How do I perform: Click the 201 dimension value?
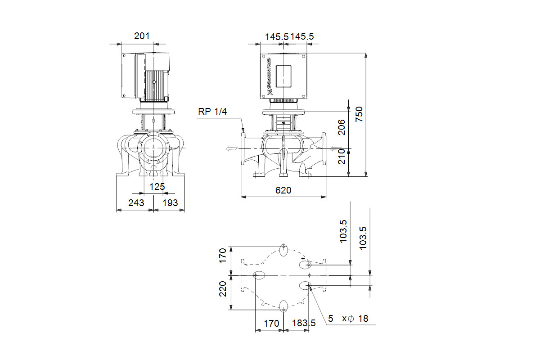[142, 36]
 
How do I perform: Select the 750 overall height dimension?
[359, 114]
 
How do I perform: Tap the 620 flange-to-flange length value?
[283, 190]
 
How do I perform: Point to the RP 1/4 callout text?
[212, 112]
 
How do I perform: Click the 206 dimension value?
[342, 127]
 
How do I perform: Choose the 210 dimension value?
[342, 157]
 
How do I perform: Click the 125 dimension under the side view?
[157, 187]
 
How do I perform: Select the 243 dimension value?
[136, 203]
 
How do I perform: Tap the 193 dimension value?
[170, 203]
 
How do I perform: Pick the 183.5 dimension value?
[304, 323]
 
